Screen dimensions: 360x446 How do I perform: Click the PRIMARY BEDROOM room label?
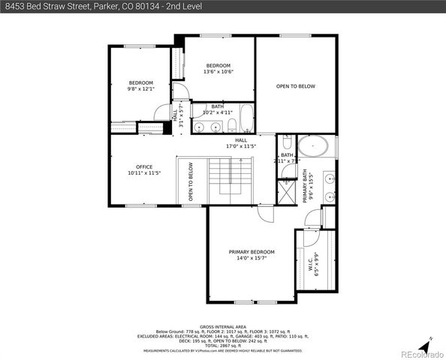[x=252, y=252]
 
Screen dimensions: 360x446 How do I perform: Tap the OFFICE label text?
[x=144, y=167]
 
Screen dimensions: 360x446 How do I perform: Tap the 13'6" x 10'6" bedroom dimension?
[x=220, y=72]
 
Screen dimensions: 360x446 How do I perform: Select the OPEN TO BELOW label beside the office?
[x=191, y=181]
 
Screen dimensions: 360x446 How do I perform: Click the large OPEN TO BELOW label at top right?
[x=295, y=86]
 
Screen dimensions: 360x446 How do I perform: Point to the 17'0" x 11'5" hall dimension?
[x=241, y=146]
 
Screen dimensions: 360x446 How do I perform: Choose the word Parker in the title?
[x=104, y=6]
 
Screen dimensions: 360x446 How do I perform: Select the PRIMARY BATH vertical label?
[x=306, y=187]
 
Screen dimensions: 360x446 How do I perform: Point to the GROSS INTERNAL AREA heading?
[x=223, y=327]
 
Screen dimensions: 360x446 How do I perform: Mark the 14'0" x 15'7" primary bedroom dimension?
[x=252, y=258]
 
